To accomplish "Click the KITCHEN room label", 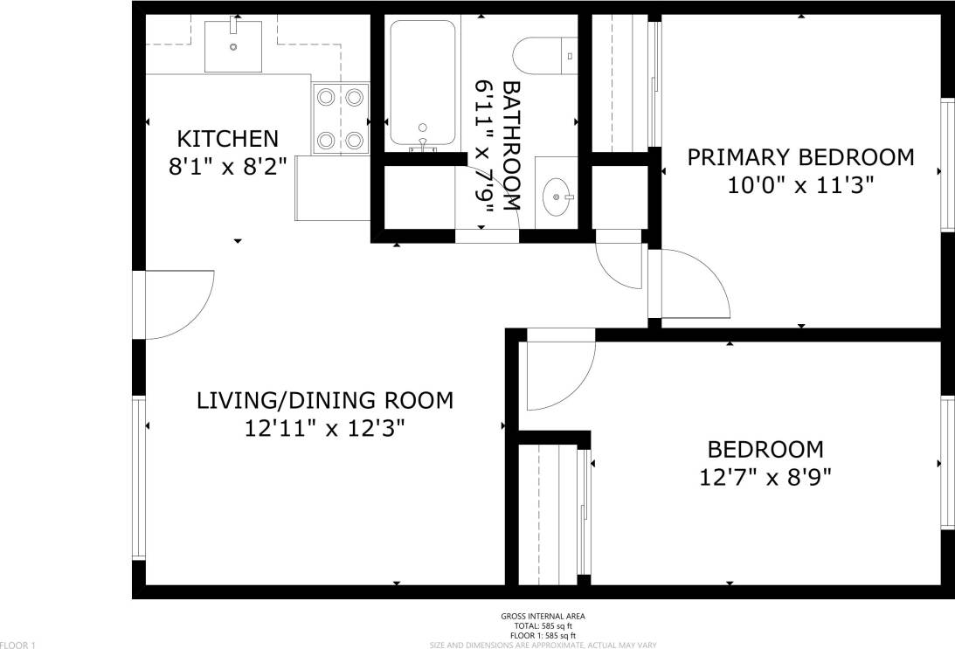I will [227, 138].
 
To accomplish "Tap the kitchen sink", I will [233, 45].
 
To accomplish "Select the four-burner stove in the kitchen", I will [341, 117].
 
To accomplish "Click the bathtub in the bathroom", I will [423, 84].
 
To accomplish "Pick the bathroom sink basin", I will [555, 197].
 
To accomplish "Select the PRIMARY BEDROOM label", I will [800, 157].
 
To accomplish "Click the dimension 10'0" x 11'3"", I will [800, 185].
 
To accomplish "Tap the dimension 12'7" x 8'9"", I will [765, 478].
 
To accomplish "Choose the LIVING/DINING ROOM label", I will [325, 401].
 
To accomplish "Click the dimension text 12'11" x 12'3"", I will [325, 429].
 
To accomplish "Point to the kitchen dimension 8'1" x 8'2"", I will [227, 166].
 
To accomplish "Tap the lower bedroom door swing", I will [559, 374].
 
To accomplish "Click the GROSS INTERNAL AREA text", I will [543, 617].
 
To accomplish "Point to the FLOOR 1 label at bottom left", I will [18, 645].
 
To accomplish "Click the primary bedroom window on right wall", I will [947, 166].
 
